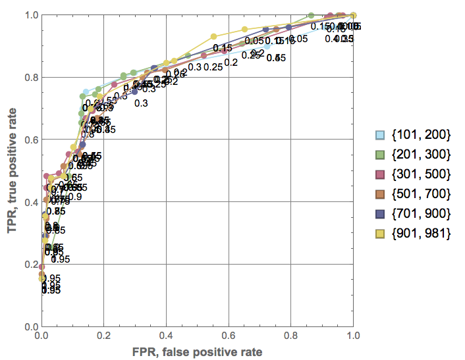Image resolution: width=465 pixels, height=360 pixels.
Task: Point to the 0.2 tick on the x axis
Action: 103,335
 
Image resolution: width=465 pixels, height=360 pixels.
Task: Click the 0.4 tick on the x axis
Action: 166,335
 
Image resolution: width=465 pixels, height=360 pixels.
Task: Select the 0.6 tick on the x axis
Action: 229,335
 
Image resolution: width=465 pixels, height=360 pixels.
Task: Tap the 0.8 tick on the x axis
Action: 291,335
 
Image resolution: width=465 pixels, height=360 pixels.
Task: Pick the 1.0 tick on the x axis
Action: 354,335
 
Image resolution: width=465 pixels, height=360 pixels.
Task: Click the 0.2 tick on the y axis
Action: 30,264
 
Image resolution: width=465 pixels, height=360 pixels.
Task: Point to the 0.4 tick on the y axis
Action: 30,202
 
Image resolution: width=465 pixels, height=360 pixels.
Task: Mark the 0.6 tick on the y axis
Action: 30,140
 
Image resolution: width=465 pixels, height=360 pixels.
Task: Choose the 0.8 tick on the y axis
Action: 30,78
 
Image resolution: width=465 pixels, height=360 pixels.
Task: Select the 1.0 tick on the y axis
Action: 30,15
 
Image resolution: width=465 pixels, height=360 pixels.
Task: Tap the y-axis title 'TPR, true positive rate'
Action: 11,171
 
